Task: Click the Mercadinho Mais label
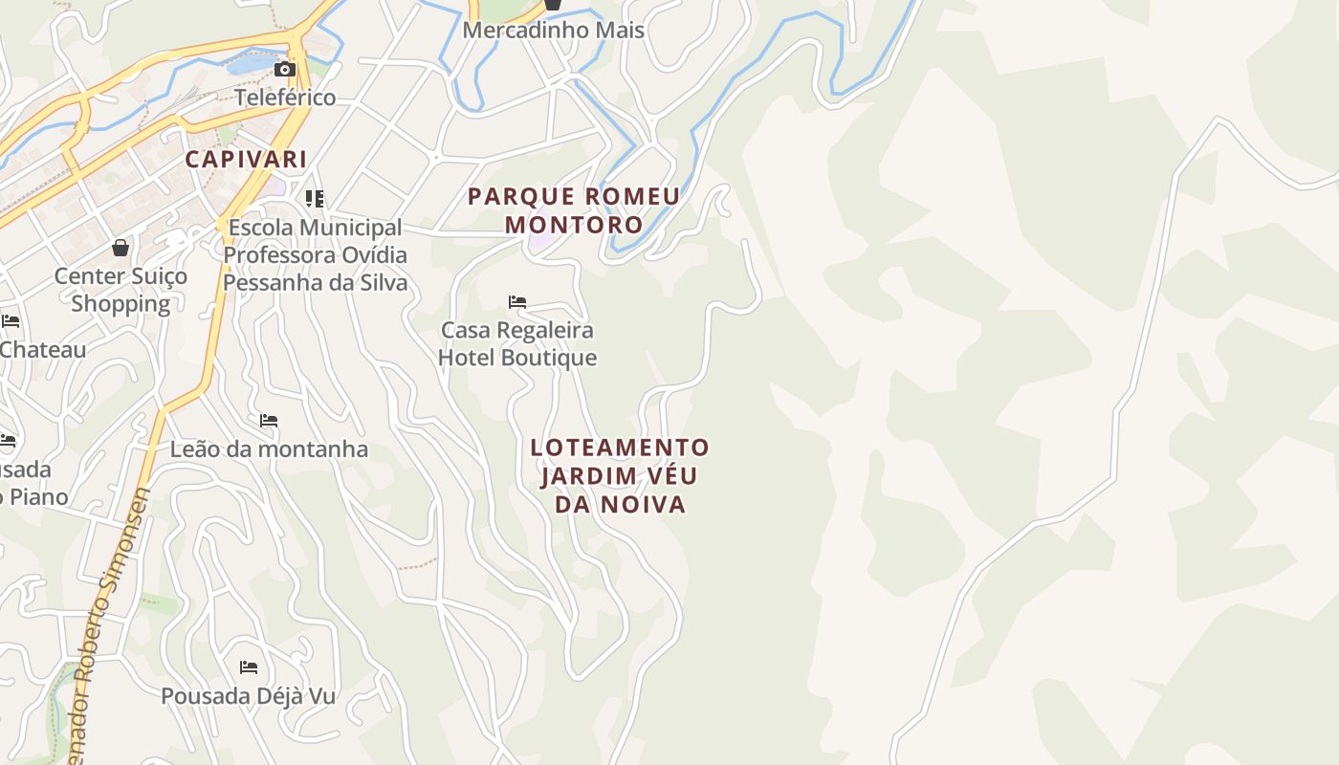pyautogui.click(x=553, y=30)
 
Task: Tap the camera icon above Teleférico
pyautogui.click(x=284, y=69)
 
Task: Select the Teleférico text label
pyautogui.click(x=285, y=98)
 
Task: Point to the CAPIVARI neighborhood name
pyautogui.click(x=246, y=159)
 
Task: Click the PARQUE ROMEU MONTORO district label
pyautogui.click(x=574, y=210)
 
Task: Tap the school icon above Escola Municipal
pyautogui.click(x=315, y=199)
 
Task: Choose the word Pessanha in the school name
pyautogui.click(x=271, y=283)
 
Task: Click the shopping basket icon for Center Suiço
pyautogui.click(x=121, y=248)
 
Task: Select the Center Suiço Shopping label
pyautogui.click(x=121, y=290)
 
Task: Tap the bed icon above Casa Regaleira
pyautogui.click(x=517, y=302)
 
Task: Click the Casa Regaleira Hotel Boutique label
pyautogui.click(x=517, y=343)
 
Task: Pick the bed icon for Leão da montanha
pyautogui.click(x=269, y=421)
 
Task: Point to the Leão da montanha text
pyautogui.click(x=269, y=448)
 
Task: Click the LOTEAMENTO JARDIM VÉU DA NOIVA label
pyautogui.click(x=620, y=475)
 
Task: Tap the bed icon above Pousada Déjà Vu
pyautogui.click(x=249, y=667)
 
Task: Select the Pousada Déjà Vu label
pyautogui.click(x=248, y=695)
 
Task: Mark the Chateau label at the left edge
pyautogui.click(x=42, y=349)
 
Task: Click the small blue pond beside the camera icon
pyautogui.click(x=251, y=64)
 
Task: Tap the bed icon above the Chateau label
pyautogui.click(x=10, y=320)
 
